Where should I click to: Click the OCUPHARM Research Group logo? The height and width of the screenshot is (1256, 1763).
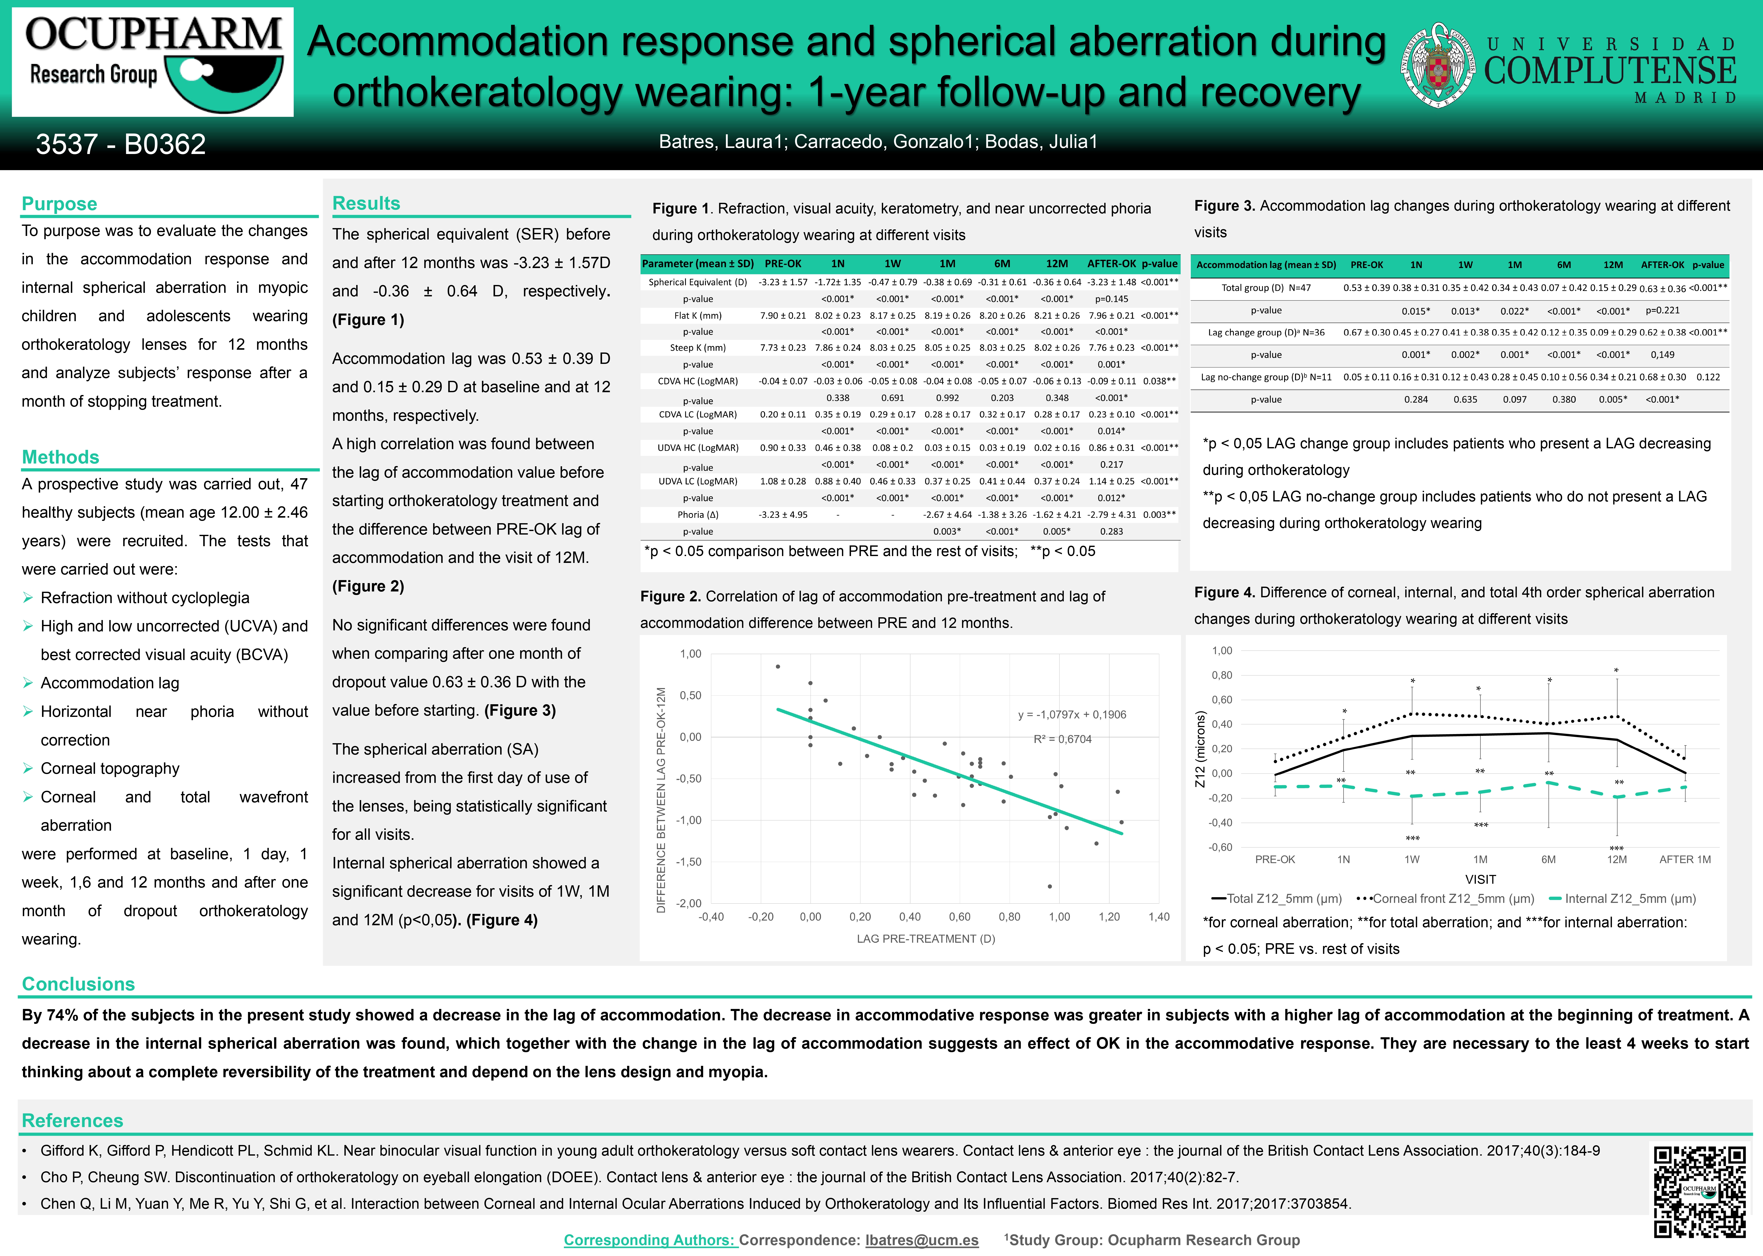152,62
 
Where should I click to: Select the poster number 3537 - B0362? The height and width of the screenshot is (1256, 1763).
121,144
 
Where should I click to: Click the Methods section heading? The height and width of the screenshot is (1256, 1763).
60,457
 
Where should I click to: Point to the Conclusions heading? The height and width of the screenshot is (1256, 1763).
78,984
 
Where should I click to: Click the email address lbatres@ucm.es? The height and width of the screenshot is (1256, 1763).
921,1240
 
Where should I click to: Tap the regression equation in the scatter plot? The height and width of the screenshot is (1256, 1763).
1071,715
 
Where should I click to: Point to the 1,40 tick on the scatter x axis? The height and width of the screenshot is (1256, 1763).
1158,917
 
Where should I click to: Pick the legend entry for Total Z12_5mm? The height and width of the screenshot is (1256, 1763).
1277,899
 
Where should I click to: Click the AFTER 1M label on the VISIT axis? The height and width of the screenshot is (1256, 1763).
1685,859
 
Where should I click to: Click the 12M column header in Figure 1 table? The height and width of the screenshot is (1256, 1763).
1057,264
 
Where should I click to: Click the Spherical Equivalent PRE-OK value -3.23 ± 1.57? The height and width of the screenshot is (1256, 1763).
783,282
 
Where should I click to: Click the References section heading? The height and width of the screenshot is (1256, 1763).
72,1121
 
